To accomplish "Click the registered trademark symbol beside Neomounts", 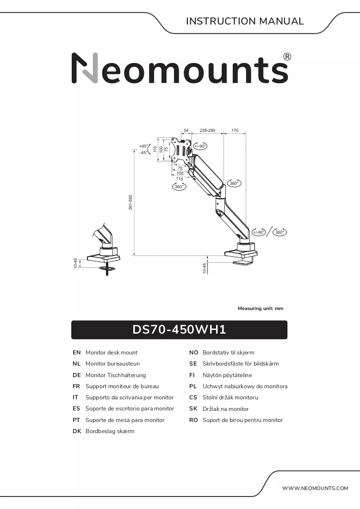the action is point(287,56).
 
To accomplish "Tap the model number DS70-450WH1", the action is point(179,329).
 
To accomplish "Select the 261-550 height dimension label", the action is point(130,202).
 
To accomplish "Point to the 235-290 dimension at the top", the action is point(207,130).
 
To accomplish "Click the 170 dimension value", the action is point(235,130).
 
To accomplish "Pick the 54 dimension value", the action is point(186,130).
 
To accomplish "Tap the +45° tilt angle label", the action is point(143,146).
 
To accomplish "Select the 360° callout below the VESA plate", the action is point(179,186).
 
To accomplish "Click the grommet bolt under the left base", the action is point(107,270).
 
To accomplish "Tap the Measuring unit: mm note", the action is point(261,308).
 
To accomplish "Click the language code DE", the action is point(77,375).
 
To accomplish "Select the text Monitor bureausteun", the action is point(112,364).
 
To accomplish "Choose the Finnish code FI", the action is point(192,375).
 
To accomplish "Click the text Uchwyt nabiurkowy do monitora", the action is point(245,386).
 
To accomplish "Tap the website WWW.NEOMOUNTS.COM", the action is point(315,488).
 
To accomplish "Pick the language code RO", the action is point(193,420).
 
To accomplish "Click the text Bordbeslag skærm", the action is point(110,431).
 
